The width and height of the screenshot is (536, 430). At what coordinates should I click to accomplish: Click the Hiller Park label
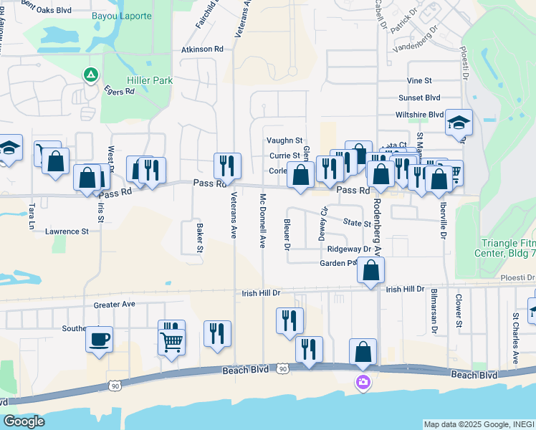(x=149, y=81)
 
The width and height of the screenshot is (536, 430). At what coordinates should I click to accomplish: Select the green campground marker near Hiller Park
(x=91, y=75)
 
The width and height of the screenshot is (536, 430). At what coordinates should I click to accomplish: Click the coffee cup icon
(x=99, y=338)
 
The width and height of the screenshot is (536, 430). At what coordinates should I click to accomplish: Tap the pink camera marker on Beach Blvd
(x=363, y=382)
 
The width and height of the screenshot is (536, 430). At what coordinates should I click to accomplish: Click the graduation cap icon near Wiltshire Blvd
(x=458, y=123)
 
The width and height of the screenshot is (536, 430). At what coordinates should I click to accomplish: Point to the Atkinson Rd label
(x=202, y=49)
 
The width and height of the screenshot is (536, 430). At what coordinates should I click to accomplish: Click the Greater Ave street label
(x=115, y=305)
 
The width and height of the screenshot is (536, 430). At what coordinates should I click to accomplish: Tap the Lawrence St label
(x=67, y=231)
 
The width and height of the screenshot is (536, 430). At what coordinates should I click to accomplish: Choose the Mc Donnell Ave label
(x=263, y=221)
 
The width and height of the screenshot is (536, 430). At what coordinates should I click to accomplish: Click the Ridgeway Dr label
(x=348, y=249)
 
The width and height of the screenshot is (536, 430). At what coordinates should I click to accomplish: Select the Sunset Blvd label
(x=419, y=97)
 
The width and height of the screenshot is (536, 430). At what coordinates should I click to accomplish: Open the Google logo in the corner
(x=24, y=421)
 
